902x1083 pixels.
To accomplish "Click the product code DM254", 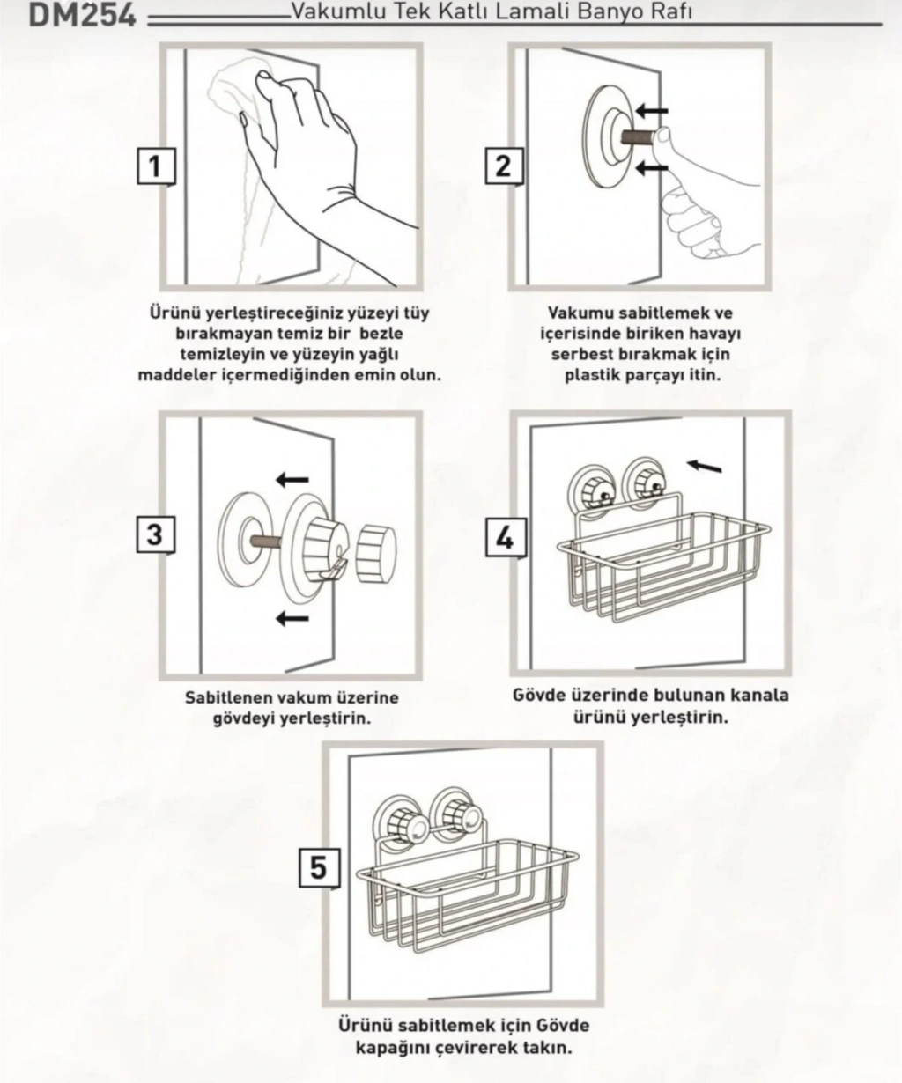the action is pos(83,14).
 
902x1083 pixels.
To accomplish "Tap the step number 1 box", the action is pos(156,166).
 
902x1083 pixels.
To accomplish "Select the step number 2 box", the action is pos(504,166).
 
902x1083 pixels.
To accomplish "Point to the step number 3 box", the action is pos(156,534).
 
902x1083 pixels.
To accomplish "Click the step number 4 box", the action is pos(506,537).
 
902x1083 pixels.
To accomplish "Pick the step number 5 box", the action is pos(319,868).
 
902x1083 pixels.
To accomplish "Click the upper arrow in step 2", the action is pos(652,110).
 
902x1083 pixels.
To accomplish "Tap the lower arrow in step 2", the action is pos(652,167).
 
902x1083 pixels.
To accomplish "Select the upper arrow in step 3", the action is pos(292,480).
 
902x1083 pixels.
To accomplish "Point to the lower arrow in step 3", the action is pos(292,618).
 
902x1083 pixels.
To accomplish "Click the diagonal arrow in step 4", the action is pos(704,466).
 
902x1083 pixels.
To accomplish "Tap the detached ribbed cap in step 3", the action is pos(376,549).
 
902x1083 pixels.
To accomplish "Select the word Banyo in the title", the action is pos(614,11).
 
